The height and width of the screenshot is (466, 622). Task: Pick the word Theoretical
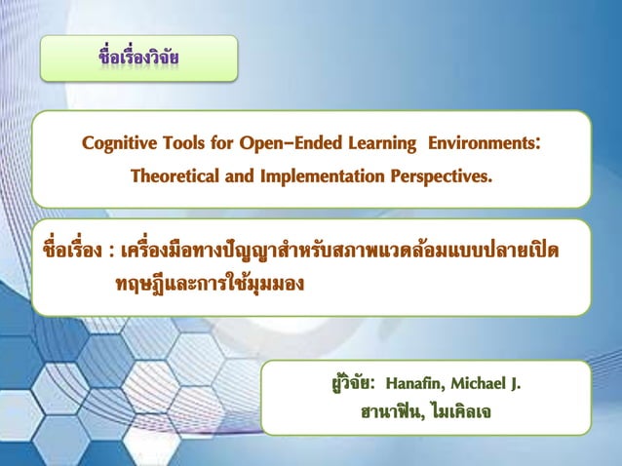click(177, 179)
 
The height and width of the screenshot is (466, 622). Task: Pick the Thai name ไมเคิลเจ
click(455, 413)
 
